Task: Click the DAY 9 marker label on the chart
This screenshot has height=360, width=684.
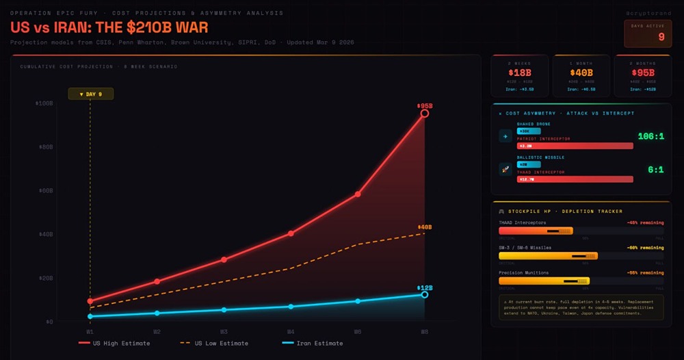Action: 90,94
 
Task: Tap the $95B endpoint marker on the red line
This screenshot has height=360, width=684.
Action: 425,113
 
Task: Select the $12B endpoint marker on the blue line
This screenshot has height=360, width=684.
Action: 425,294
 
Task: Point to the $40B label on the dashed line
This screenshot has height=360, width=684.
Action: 425,227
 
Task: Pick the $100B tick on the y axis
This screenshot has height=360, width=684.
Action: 44,103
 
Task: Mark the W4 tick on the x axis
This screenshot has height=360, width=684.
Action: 291,332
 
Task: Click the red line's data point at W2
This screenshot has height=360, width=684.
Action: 157,281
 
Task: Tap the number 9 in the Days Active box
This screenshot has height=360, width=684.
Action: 661,37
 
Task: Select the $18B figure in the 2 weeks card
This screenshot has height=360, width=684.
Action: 519,73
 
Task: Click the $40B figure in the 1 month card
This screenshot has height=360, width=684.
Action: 581,73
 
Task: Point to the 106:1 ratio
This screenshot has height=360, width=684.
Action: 650,136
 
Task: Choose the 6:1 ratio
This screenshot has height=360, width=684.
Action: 655,170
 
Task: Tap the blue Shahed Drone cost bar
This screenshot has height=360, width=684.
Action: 529,131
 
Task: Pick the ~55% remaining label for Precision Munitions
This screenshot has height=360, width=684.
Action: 645,272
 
